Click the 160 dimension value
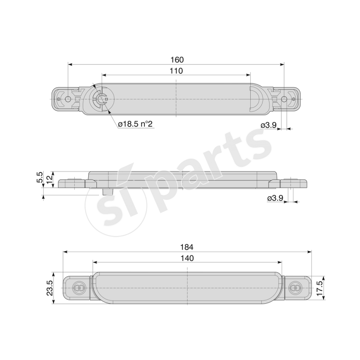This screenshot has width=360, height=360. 177,59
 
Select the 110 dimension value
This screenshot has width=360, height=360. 176,71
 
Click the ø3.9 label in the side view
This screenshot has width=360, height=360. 275,198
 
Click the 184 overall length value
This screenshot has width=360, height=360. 187,247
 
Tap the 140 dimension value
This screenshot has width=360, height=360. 187,258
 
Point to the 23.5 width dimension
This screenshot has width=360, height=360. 50,288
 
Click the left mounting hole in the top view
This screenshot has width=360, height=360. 68,99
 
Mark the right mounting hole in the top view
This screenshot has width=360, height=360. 284,99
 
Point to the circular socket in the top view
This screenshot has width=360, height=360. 101,99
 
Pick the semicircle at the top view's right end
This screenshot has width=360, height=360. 255,99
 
